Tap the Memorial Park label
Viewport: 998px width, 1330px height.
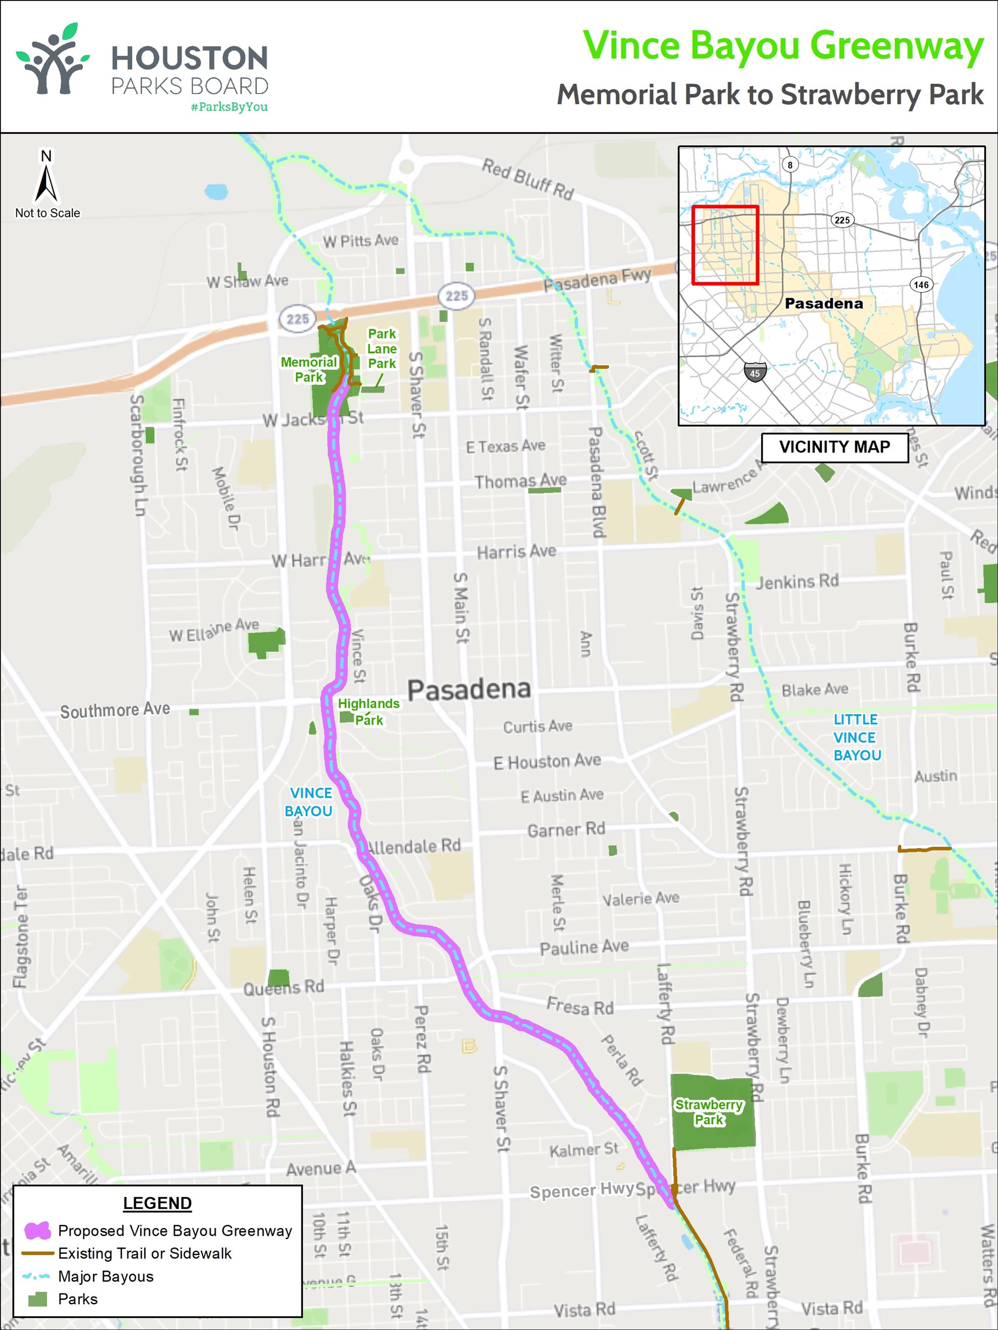pyautogui.click(x=309, y=369)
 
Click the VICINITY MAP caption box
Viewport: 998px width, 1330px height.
pyautogui.click(x=834, y=448)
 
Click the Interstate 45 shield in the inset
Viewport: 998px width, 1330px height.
pyautogui.click(x=755, y=373)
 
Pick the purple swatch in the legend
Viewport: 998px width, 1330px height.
pyautogui.click(x=37, y=1231)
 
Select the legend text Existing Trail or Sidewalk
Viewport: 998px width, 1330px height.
pyautogui.click(x=144, y=1253)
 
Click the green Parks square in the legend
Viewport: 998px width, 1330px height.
pyautogui.click(x=38, y=1299)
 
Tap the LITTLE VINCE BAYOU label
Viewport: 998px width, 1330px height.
pyautogui.click(x=857, y=737)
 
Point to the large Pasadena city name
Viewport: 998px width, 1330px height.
pyautogui.click(x=469, y=689)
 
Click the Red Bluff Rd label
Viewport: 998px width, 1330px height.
pyautogui.click(x=528, y=179)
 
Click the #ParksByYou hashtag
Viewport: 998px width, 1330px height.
pyautogui.click(x=229, y=107)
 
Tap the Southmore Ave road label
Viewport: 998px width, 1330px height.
pyautogui.click(x=115, y=710)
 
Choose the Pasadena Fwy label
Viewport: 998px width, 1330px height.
pyautogui.click(x=597, y=280)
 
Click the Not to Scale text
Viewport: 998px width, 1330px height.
pyautogui.click(x=48, y=213)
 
